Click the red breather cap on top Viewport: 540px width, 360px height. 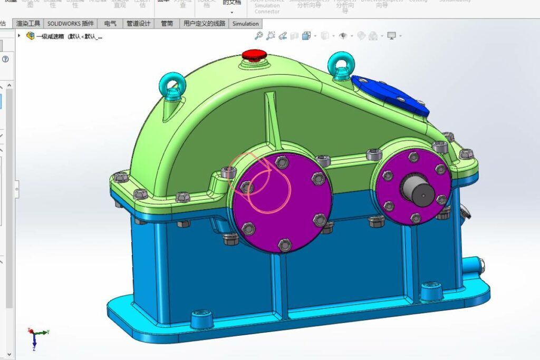tap(254, 54)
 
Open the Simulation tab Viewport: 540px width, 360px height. tap(246, 24)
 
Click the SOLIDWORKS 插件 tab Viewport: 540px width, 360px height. tap(71, 24)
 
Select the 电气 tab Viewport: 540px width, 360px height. tap(110, 24)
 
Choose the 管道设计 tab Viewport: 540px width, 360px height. tap(139, 24)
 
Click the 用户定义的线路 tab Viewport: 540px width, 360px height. tap(204, 24)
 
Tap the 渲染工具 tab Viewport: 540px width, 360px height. tap(28, 24)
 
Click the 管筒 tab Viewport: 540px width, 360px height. tap(167, 24)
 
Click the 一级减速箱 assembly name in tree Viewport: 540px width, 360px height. tap(69, 36)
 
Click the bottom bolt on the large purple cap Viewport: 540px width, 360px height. tap(284, 245)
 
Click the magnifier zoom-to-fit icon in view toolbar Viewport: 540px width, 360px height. tap(258, 36)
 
